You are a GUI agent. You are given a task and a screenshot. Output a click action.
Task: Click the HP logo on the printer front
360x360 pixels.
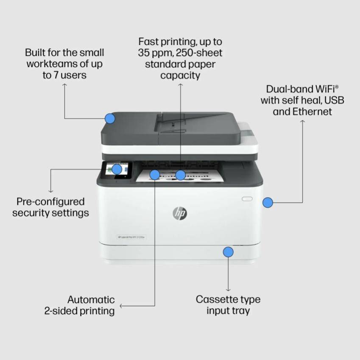coord(180,213)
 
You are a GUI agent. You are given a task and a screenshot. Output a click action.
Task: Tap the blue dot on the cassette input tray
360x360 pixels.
coord(228,252)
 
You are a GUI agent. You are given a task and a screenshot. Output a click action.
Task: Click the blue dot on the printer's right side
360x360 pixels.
coord(267,203)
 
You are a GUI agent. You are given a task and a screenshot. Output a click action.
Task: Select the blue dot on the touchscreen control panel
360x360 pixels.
coord(117,169)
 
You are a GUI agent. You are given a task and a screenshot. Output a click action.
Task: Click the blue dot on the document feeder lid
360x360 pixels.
coord(110,118)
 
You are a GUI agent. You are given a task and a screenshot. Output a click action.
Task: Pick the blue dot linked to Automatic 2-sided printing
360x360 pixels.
coord(155,174)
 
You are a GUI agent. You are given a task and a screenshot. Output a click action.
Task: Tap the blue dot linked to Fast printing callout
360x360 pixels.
coord(181,175)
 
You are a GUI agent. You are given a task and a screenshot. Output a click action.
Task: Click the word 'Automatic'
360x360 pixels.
coord(91,300)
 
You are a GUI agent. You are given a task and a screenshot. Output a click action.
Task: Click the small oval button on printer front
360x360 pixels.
coord(247,198)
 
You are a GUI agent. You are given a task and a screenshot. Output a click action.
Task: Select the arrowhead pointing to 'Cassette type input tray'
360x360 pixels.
coord(228,290)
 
